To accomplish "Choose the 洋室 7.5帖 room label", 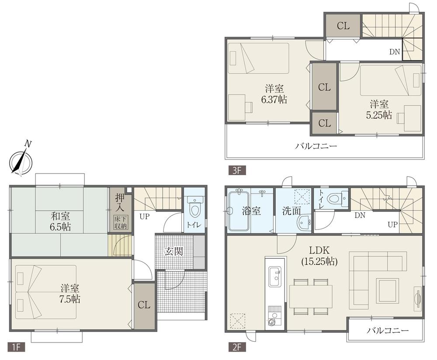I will (70, 294).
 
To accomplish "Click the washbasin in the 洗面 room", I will (303, 223).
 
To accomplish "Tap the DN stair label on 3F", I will (395, 52).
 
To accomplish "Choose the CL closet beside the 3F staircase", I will (343, 26).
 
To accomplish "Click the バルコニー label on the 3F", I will (316, 146).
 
